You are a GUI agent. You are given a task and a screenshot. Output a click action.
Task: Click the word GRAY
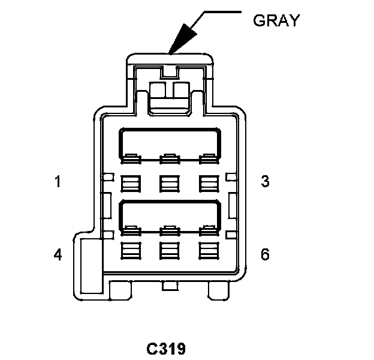275,20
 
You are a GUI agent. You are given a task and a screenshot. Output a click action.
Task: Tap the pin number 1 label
58,181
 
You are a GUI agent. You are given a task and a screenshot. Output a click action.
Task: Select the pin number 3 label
266,181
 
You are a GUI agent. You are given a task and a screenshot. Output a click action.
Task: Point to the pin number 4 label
58,254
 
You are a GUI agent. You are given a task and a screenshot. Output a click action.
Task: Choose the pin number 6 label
265,254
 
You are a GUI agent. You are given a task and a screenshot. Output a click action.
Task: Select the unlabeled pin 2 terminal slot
169,182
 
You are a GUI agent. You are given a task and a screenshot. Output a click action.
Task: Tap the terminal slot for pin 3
207,182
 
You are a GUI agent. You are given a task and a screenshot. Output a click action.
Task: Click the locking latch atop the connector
170,93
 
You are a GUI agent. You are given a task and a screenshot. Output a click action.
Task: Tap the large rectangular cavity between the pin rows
170,214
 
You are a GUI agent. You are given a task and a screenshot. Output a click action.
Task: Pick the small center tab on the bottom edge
170,287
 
